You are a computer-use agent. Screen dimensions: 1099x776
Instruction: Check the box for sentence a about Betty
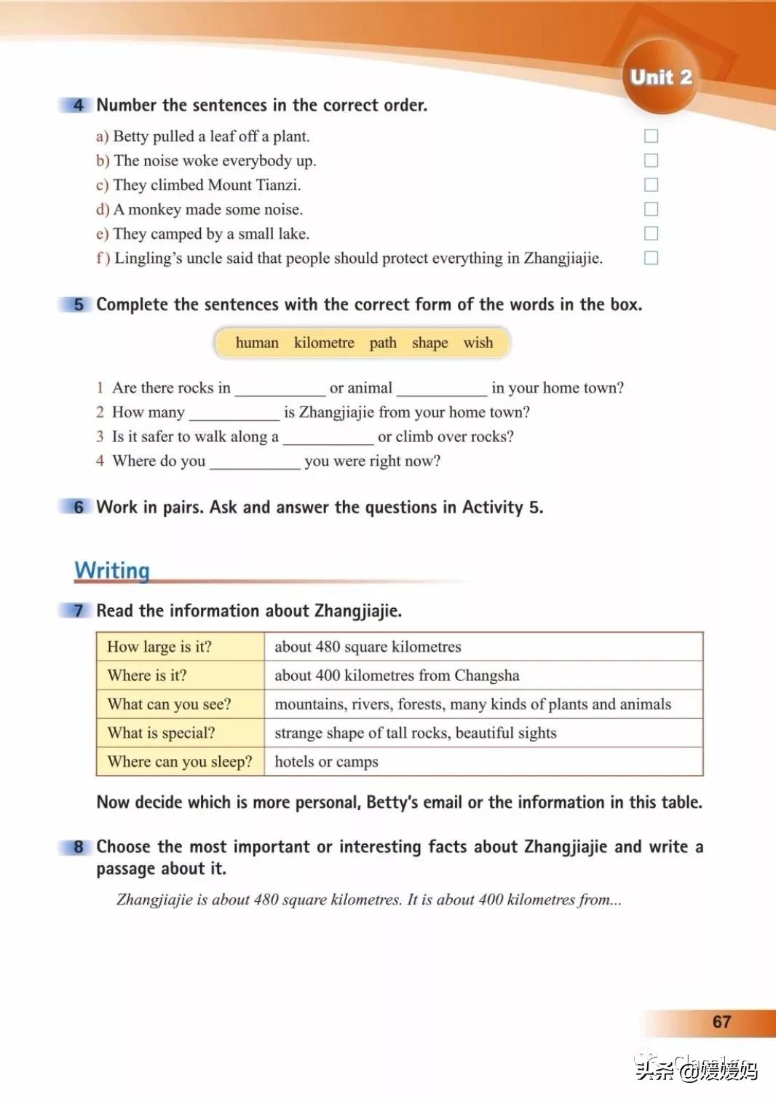click(652, 136)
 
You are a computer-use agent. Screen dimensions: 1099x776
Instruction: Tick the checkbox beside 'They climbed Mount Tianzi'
click(652, 185)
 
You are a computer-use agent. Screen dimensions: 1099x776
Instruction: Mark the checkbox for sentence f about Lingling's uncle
click(652, 258)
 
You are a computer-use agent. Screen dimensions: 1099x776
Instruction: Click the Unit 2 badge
click(660, 77)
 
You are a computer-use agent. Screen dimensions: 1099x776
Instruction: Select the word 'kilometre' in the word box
click(324, 343)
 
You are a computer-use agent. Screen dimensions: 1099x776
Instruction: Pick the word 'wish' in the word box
click(478, 343)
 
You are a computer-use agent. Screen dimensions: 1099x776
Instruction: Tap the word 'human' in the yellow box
click(257, 343)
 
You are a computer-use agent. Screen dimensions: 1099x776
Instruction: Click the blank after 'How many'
click(234, 414)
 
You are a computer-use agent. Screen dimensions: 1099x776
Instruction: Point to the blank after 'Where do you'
click(255, 462)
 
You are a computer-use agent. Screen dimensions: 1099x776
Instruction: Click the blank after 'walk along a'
click(328, 438)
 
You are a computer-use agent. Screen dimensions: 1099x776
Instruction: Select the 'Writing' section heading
click(112, 570)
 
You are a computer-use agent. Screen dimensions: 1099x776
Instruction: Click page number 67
click(721, 1022)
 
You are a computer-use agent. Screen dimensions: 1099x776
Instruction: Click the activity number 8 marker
click(79, 847)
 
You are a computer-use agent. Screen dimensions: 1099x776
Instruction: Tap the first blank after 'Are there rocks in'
click(280, 389)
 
